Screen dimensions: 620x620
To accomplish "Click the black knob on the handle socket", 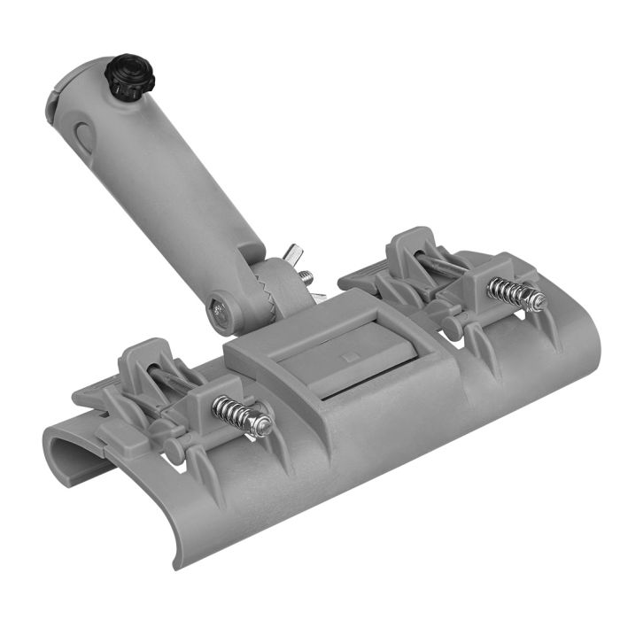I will click(131, 76).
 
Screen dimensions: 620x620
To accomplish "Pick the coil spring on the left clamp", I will click(233, 411).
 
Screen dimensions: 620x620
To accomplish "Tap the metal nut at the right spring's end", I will click(537, 301).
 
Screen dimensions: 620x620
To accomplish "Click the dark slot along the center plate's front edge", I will click(372, 391).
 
